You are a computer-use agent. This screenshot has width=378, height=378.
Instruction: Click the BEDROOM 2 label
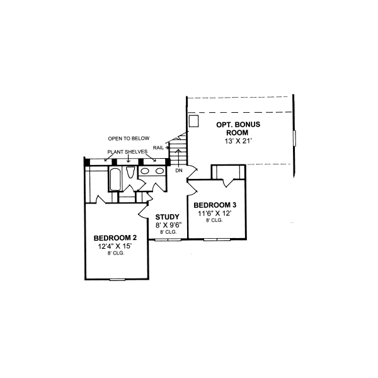tap(116, 238)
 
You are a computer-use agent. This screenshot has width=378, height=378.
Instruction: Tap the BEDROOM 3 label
tap(215, 205)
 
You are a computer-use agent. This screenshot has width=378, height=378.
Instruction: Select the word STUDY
tap(168, 216)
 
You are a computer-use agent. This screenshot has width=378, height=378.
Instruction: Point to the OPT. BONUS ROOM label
tap(238, 129)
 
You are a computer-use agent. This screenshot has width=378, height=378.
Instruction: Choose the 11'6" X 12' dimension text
tap(215, 213)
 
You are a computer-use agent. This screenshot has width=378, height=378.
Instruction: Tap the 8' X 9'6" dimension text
tap(168, 224)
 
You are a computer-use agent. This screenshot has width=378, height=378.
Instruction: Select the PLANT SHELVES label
tap(127, 152)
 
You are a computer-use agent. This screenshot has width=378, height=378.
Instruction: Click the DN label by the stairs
tap(179, 171)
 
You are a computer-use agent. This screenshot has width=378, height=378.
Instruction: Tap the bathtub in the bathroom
tap(116, 178)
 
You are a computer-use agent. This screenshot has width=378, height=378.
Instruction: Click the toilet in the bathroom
tap(130, 173)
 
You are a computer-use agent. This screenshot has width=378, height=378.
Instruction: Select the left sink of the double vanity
tap(144, 171)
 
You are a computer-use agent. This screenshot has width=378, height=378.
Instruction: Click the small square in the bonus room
tap(194, 120)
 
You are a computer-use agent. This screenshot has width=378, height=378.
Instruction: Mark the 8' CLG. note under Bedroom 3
tap(215, 220)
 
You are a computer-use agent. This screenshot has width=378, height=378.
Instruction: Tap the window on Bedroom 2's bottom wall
tap(117, 279)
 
